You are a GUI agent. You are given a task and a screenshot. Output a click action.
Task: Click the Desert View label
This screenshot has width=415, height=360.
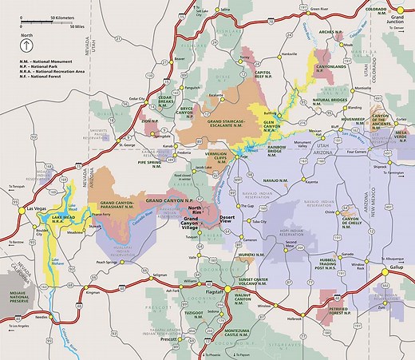pyautogui.click(x=228, y=218)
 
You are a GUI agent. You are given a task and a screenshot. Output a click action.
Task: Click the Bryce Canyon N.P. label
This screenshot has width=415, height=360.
pyautogui.click(x=193, y=109)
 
